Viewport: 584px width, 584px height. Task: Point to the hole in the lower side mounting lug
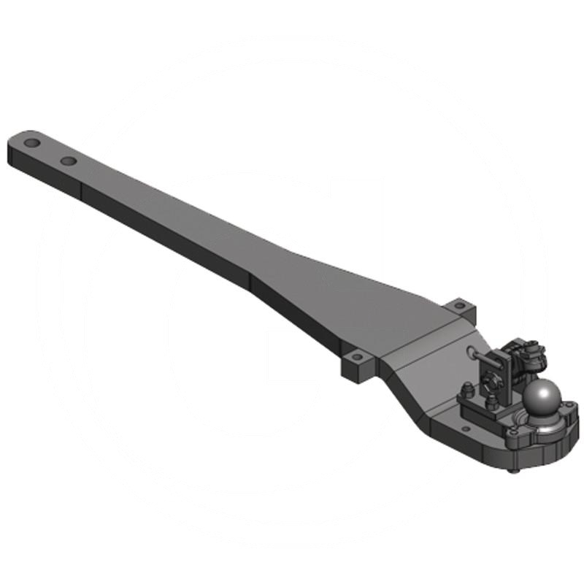tap(357, 358)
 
